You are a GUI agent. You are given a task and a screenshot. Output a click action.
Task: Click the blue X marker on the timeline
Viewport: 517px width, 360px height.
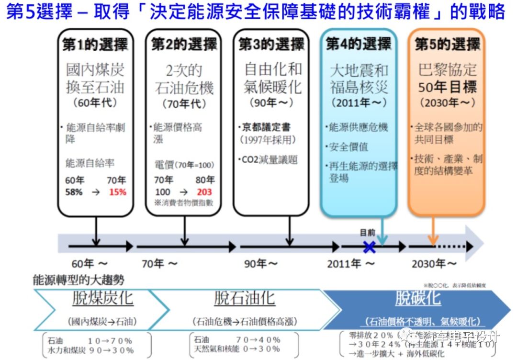coord(369,247)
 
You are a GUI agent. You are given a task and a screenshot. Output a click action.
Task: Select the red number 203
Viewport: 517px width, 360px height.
coord(204,192)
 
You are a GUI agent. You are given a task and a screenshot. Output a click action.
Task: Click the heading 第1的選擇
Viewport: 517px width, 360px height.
coord(95,45)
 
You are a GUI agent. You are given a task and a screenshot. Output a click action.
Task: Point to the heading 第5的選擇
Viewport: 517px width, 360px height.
coord(447,45)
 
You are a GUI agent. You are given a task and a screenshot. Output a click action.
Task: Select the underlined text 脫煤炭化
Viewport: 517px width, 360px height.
coord(102,299)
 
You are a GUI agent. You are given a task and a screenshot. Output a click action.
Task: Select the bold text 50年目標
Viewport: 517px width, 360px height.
coord(448,87)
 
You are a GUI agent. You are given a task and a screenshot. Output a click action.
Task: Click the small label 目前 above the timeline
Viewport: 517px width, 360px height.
coord(367,233)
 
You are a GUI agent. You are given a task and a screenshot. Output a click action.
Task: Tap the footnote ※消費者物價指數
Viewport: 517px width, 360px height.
coord(184,202)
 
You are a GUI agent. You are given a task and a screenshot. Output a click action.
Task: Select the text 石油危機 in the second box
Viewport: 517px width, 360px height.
coord(184,88)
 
